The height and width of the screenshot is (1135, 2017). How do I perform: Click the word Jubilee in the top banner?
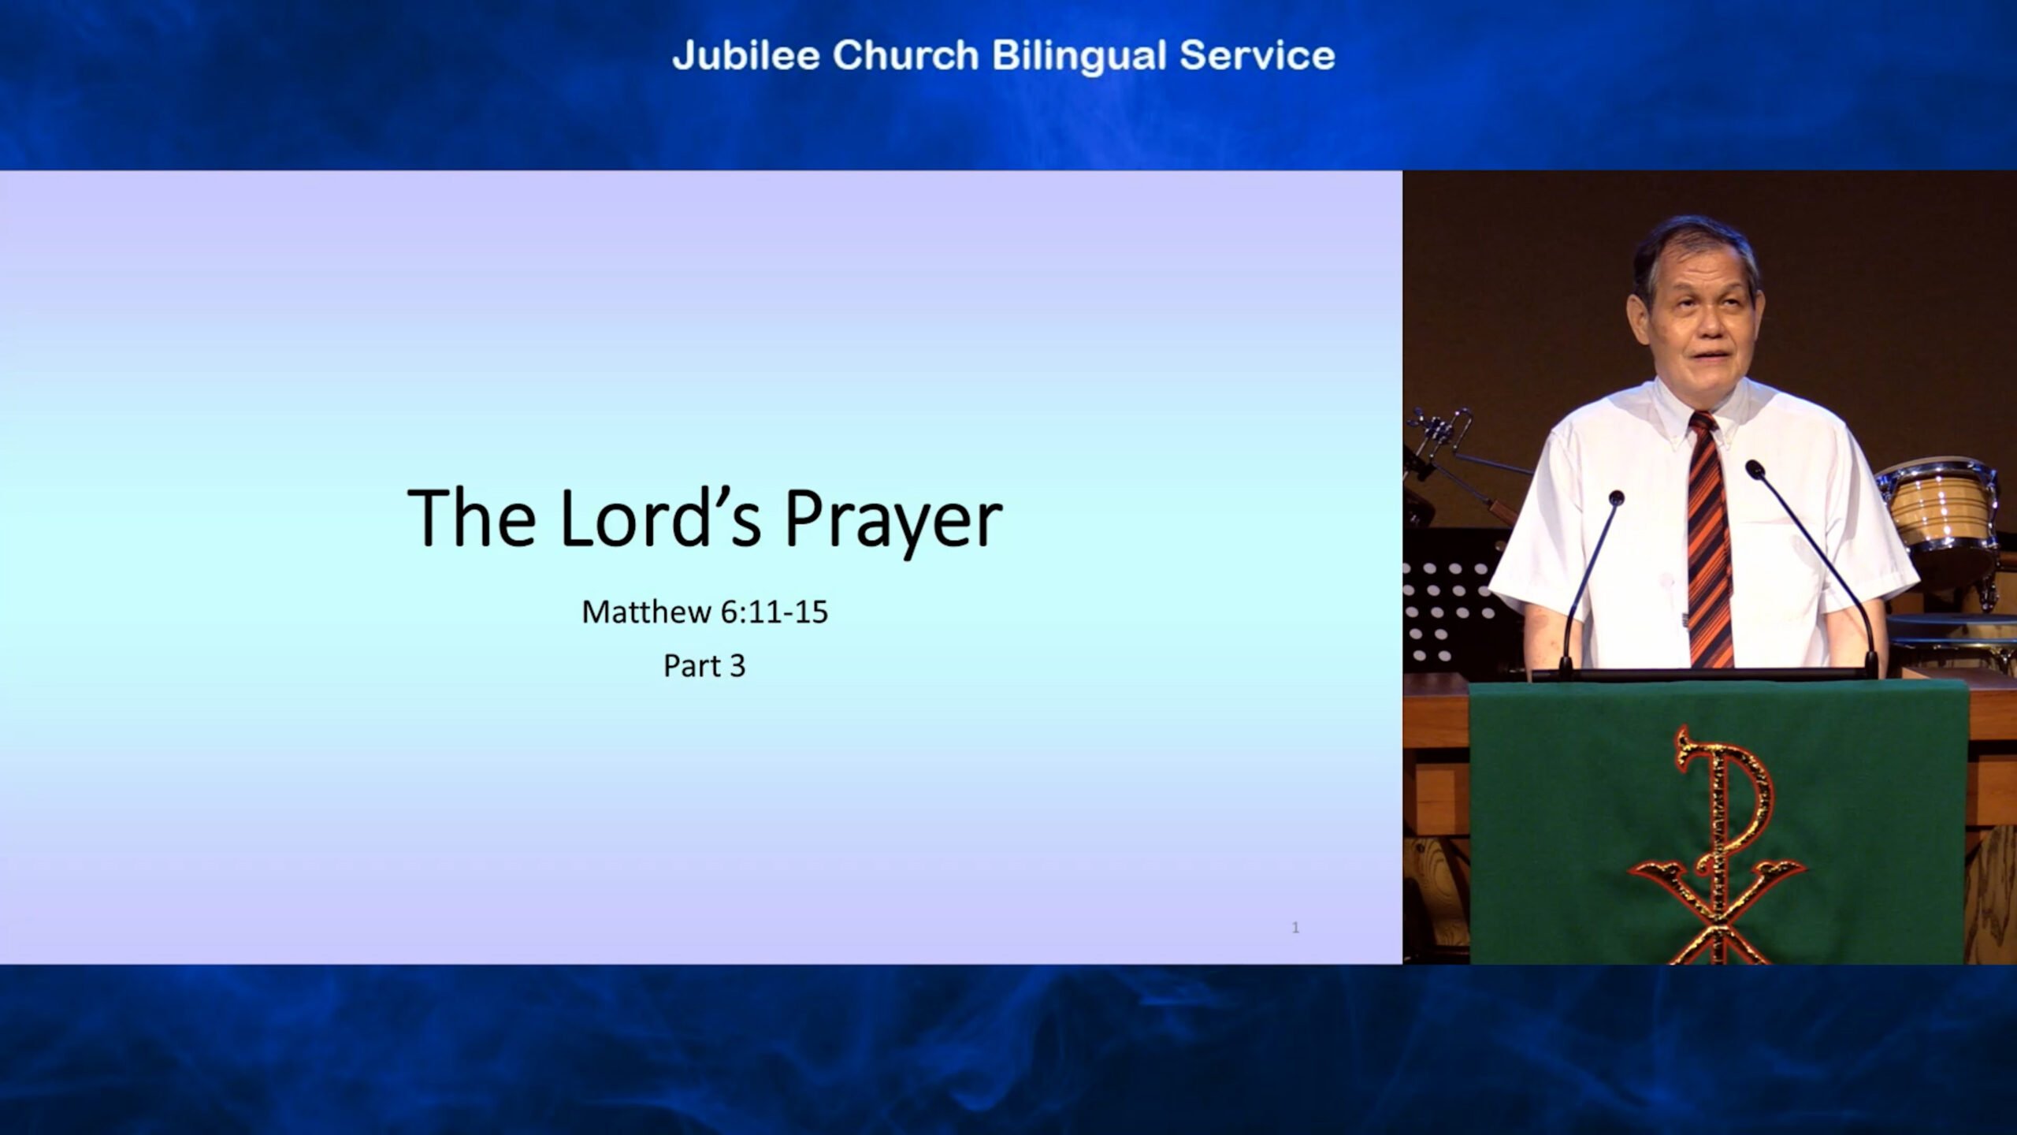[746, 55]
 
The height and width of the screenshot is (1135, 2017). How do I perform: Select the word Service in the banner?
[1257, 55]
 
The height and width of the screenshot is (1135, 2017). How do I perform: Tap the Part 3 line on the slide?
[704, 666]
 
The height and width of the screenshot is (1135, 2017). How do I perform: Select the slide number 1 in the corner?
[1295, 928]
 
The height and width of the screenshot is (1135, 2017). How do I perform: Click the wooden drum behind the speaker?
[1938, 512]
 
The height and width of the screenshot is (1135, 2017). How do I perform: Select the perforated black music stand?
[1450, 607]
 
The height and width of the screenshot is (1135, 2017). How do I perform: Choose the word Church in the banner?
[905, 55]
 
